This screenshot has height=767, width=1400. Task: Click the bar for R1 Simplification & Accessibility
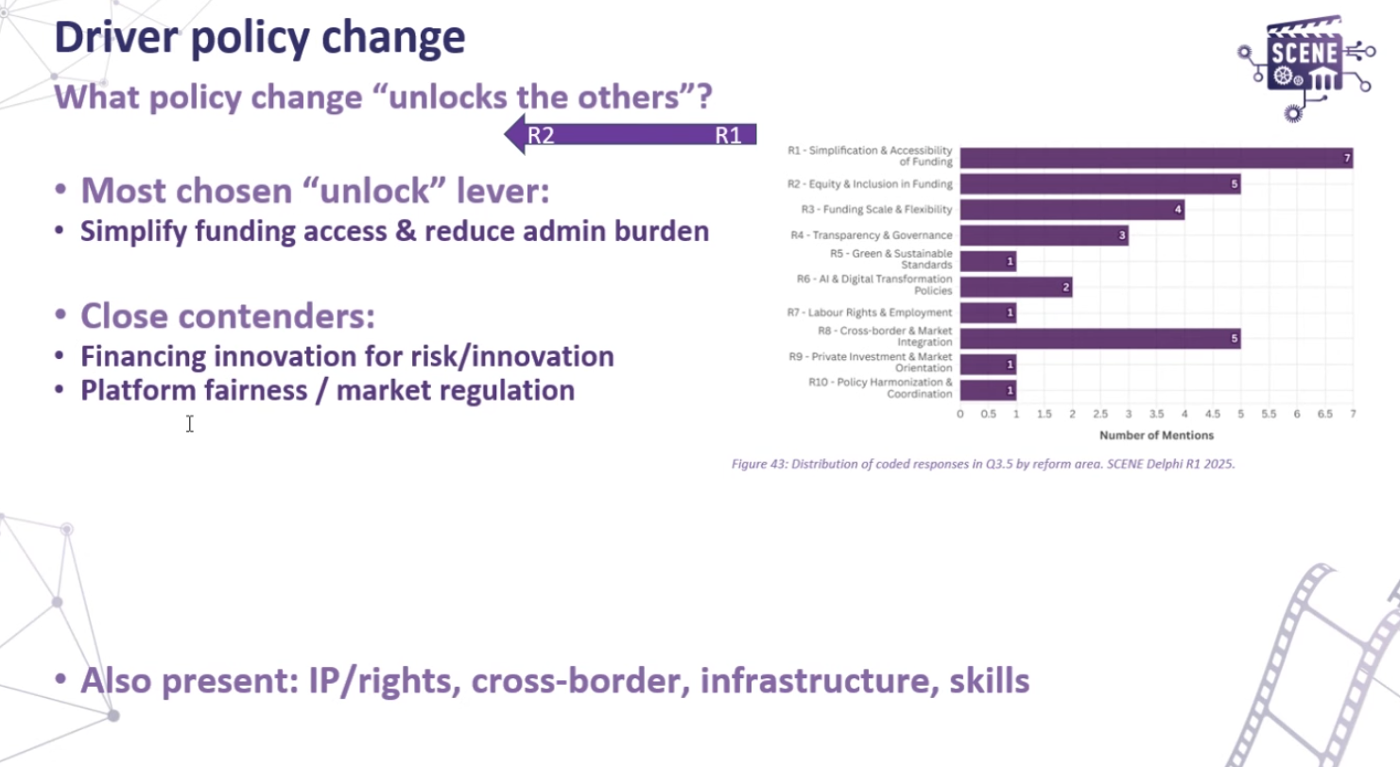coord(1155,159)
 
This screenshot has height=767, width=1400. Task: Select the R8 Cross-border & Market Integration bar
coord(1099,338)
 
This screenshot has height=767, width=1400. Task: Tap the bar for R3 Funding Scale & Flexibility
coord(1071,210)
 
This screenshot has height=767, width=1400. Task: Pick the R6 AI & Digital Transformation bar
coord(1015,287)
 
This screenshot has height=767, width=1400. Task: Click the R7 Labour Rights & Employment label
coord(870,313)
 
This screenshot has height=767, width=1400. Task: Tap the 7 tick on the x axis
coord(1353,415)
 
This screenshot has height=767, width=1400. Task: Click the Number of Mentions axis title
coord(1156,435)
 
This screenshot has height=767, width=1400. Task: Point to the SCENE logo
coord(1305,66)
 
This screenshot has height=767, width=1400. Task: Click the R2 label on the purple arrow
coord(541,134)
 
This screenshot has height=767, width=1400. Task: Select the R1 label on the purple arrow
coord(728,134)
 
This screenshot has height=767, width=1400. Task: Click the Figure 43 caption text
coord(983,464)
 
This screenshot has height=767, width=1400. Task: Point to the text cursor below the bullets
coord(190,424)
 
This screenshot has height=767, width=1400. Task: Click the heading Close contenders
coord(228,315)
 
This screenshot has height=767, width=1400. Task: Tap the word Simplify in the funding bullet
coord(133,231)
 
